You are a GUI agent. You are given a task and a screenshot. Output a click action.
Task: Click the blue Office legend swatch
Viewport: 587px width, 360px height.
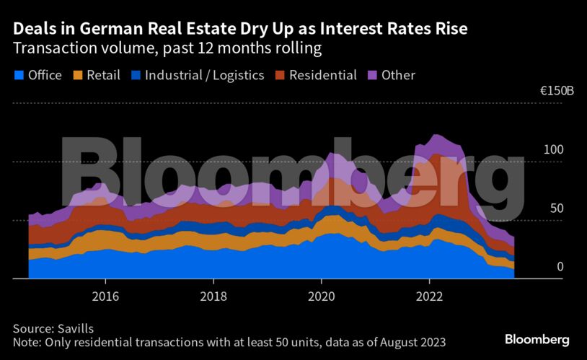coord(19,75)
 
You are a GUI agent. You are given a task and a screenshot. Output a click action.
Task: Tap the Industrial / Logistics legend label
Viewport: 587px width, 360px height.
coord(204,75)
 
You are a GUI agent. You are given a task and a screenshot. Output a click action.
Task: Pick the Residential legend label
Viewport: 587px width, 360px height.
coord(323,75)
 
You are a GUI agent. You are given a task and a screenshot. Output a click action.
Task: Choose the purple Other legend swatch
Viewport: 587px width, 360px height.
coord(372,75)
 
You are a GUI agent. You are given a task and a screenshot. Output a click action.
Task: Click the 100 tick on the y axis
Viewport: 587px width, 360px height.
coord(552,150)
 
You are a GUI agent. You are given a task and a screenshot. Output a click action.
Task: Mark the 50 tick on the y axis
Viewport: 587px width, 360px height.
coord(556,208)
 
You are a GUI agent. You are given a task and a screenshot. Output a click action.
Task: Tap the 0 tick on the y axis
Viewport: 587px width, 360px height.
coord(560,267)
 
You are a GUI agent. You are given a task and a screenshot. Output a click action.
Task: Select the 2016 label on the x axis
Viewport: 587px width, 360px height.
coord(105,296)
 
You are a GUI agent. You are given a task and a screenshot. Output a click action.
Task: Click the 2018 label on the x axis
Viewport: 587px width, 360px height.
coord(213,296)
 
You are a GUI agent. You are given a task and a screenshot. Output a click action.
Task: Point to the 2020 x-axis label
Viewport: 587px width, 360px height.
coord(322,296)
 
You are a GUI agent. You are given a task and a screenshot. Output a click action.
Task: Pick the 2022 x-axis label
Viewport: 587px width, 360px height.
coord(430,296)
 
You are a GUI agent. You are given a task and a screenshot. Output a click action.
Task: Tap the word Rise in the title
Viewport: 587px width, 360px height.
coord(450,30)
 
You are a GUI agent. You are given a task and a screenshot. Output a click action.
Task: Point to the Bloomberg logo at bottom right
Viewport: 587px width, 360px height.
coord(537,339)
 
